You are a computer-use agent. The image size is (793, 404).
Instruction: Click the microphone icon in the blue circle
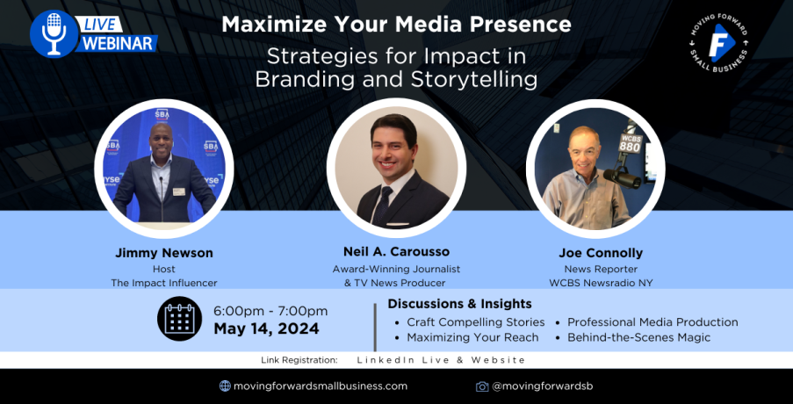tap(53, 33)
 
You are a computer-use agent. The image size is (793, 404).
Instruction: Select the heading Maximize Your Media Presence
tap(397, 25)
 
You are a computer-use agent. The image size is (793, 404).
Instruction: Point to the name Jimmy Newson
tap(163, 253)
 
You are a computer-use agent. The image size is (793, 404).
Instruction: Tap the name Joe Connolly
tap(601, 252)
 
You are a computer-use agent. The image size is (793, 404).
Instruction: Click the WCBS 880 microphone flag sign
tap(631, 143)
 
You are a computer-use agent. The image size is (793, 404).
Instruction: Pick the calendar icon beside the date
tap(179, 319)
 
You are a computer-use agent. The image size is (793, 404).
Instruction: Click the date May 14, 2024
tap(266, 328)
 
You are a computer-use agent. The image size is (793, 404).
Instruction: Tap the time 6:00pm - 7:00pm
tap(270, 311)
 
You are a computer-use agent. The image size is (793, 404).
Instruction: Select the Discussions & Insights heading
tap(459, 304)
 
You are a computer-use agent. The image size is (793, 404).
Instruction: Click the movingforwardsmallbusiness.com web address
tap(321, 386)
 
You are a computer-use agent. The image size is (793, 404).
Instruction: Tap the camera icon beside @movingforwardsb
tap(482, 386)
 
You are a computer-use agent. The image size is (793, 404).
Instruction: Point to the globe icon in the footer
tap(225, 386)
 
